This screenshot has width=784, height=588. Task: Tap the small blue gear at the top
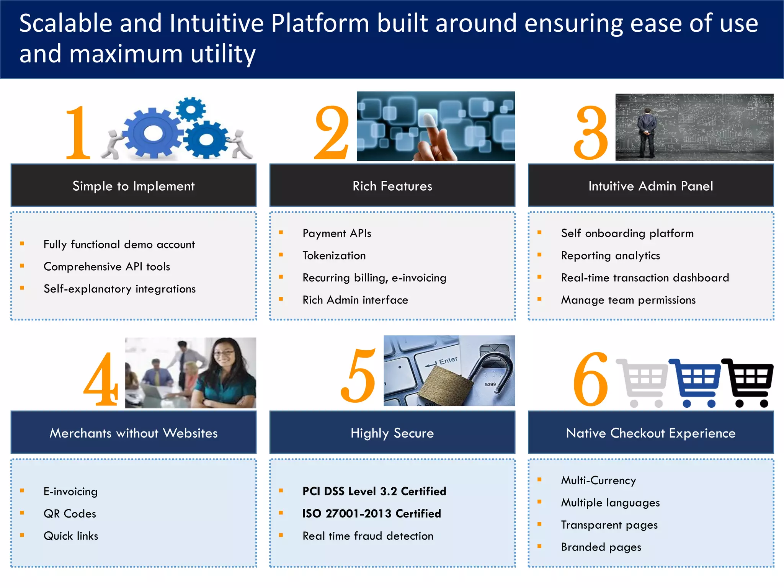point(191,109)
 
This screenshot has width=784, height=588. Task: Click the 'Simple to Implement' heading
point(133,186)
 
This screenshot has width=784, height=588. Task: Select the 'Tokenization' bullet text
point(334,255)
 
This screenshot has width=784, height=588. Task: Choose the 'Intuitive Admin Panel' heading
point(650,186)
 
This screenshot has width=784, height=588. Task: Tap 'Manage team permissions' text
point(628,300)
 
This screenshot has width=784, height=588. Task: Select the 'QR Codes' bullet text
point(70,513)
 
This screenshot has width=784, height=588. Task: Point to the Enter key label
point(448,360)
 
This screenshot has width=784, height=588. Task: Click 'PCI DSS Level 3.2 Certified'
point(374,491)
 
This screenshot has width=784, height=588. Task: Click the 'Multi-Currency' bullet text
point(598,480)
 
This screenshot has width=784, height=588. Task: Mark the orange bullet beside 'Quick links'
point(22,535)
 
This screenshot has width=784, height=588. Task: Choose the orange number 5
point(358,377)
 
